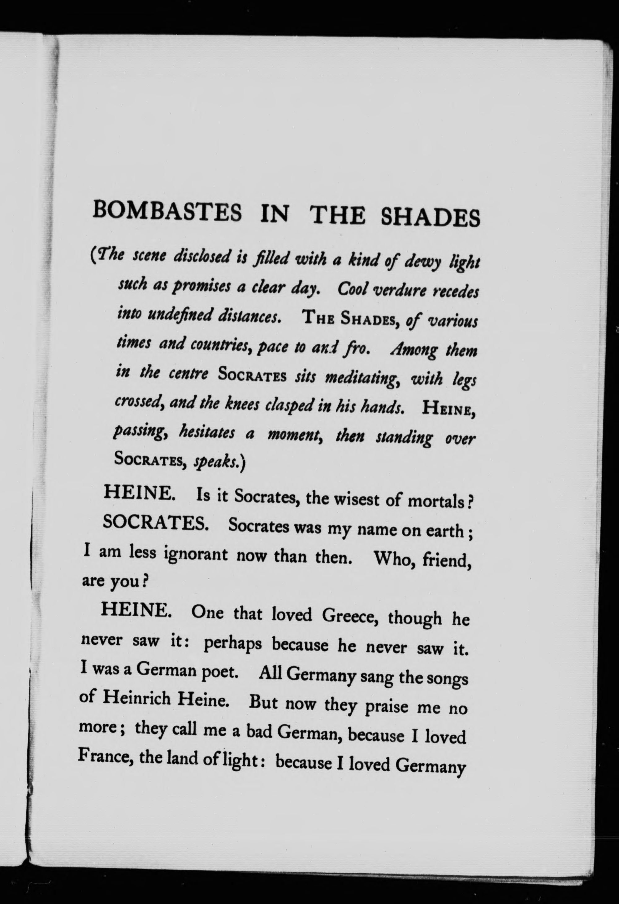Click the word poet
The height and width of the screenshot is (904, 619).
[220, 673]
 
